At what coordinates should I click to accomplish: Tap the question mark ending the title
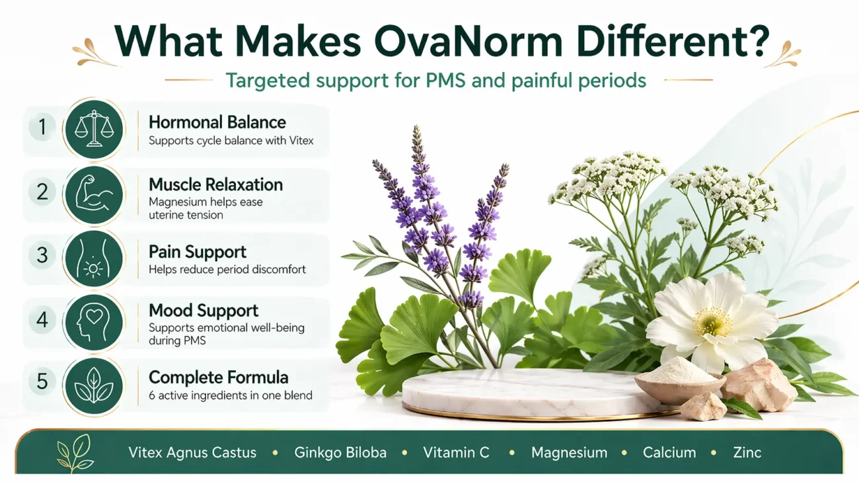(x=758, y=41)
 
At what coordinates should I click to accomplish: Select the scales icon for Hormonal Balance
(x=94, y=129)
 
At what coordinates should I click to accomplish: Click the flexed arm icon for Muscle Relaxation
(x=94, y=194)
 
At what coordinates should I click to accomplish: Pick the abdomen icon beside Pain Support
(x=94, y=258)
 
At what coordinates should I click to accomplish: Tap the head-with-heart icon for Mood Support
(x=94, y=323)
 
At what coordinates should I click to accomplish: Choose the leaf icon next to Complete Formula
(x=94, y=385)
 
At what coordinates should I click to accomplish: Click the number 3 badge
(x=42, y=255)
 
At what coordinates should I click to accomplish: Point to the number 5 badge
(x=42, y=381)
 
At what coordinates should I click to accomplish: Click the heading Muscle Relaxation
(x=216, y=184)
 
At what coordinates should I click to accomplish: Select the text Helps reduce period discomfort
(x=227, y=270)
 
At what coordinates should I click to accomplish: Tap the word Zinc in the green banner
(x=747, y=452)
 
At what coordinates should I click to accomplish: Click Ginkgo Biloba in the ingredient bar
(x=340, y=453)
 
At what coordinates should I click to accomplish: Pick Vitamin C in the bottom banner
(x=456, y=452)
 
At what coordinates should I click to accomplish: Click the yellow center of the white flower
(x=712, y=321)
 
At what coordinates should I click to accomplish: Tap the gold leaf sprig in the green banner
(x=75, y=453)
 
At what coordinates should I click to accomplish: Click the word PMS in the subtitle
(x=445, y=81)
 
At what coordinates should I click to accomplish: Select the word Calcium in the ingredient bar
(x=669, y=452)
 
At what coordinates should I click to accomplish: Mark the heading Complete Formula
(x=219, y=378)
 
